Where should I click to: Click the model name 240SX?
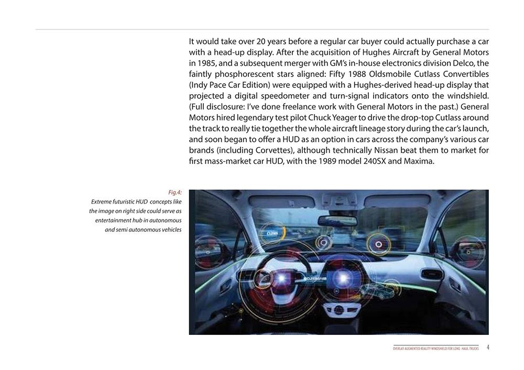coord(375,161)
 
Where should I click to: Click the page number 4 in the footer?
coord(488,347)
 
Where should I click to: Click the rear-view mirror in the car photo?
coord(337,220)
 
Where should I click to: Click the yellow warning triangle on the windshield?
coord(356,231)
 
